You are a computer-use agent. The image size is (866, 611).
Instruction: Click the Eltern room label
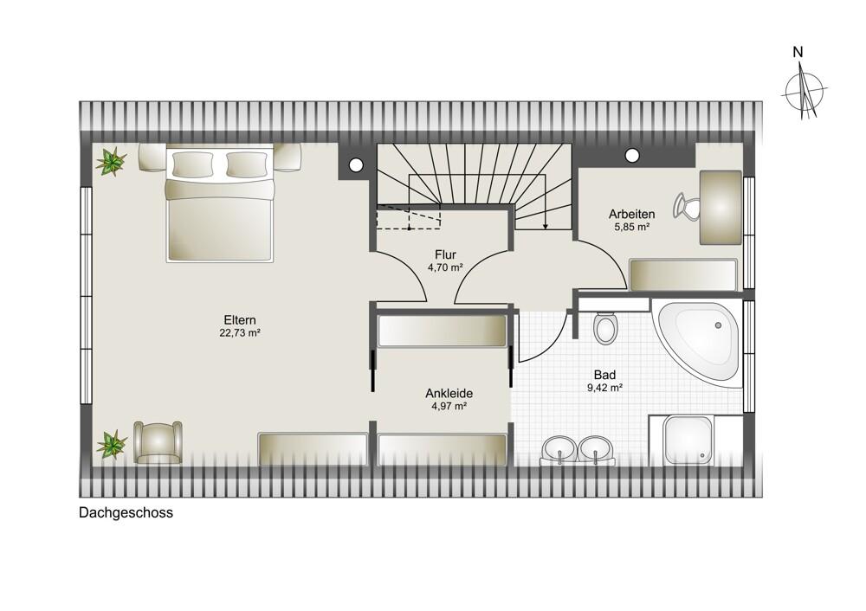(x=240, y=320)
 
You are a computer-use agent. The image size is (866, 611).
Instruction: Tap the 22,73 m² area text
(x=240, y=333)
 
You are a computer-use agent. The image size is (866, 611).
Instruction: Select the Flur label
(x=445, y=255)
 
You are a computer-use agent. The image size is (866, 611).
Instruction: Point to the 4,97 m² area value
(x=449, y=406)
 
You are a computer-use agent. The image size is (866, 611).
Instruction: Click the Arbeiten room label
(x=632, y=214)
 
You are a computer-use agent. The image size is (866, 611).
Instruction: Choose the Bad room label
(x=604, y=376)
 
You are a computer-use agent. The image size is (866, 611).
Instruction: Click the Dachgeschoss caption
(x=126, y=512)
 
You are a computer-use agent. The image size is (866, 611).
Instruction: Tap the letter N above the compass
(x=798, y=53)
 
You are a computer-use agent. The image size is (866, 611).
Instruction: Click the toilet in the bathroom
(x=606, y=328)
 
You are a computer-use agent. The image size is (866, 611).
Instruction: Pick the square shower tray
(x=688, y=441)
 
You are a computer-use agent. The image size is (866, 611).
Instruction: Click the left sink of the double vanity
(x=559, y=449)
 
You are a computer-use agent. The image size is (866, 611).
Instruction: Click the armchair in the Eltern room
(x=158, y=442)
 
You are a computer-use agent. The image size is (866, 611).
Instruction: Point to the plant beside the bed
(x=112, y=161)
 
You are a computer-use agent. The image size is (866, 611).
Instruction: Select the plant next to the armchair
(x=112, y=445)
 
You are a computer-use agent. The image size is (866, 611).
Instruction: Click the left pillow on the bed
(x=193, y=164)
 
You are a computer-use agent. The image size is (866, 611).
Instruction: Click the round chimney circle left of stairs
(x=356, y=164)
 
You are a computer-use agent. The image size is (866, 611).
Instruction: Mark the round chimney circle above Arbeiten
(x=632, y=155)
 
